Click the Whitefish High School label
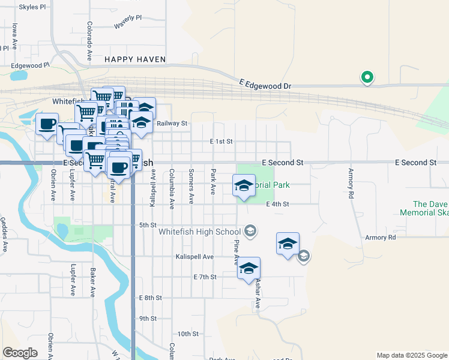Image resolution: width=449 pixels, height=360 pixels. (x=199, y=232)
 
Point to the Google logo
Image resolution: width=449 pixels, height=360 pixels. (x=20, y=352)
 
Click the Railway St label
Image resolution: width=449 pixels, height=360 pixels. (x=172, y=124)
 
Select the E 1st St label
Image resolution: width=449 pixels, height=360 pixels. (x=221, y=142)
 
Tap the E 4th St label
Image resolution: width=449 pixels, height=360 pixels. (x=277, y=204)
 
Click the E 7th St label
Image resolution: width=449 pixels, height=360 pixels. (x=205, y=277)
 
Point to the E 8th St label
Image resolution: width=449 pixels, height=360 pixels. (x=150, y=298)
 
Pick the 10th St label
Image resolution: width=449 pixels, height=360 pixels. (x=188, y=334)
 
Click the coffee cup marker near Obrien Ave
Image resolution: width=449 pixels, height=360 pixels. (x=47, y=124)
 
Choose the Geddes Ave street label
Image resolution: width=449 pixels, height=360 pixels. (x=4, y=235)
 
